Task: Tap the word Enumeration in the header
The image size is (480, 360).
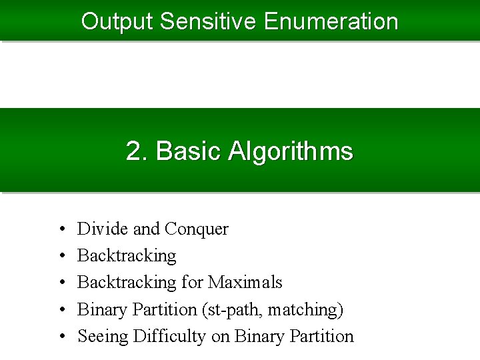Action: point(331,21)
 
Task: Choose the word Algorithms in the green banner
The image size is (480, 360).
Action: point(291,152)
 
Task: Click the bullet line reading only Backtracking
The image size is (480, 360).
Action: point(127,256)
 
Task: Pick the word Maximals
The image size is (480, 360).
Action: point(245,283)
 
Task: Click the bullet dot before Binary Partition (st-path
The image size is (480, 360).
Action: point(61,310)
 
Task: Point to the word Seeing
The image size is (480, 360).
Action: point(103,337)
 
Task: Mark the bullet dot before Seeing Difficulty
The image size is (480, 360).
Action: point(61,337)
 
